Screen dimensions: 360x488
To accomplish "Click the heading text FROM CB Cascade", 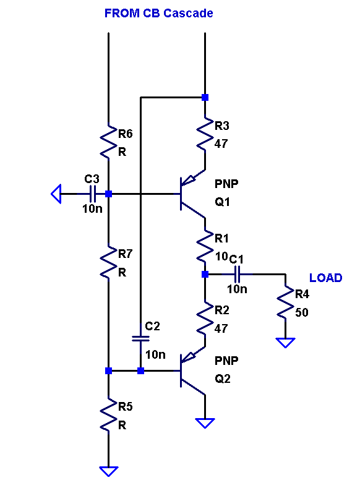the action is [x=159, y=13].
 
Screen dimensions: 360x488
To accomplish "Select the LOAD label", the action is [x=325, y=278].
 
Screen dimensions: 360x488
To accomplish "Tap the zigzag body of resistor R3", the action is [x=205, y=134].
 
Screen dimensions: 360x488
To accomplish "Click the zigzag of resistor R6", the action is [x=108, y=142].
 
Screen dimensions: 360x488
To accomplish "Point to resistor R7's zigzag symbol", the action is [x=108, y=262].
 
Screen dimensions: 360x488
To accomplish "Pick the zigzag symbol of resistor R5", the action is [x=108, y=414].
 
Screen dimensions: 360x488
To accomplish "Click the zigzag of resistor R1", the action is [x=205, y=247].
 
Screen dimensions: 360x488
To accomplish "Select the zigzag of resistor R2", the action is [x=205, y=319].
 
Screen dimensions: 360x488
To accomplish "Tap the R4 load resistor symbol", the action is [x=285, y=302].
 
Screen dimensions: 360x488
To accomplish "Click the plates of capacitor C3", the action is [x=92, y=194].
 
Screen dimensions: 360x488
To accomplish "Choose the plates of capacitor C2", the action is [x=140, y=338].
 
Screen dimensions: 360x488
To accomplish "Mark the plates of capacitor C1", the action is [x=237, y=274].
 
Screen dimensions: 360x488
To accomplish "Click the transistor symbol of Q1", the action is [x=192, y=194].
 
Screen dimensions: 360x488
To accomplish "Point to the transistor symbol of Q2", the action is [x=192, y=371].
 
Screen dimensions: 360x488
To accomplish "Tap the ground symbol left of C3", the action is [x=56, y=194].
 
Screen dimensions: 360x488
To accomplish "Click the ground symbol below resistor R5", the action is [x=109, y=471].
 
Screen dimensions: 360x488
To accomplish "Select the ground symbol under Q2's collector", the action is [x=205, y=423].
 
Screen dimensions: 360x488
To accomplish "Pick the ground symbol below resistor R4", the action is [x=285, y=343].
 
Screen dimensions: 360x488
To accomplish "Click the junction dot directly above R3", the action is [x=205, y=97].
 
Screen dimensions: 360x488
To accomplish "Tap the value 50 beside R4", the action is [x=301, y=312].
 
